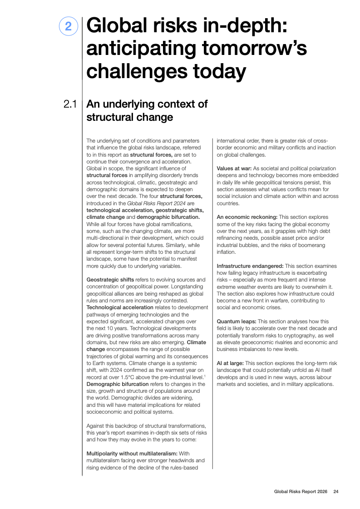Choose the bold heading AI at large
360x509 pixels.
pos(230,363)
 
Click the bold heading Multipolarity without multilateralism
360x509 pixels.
pos(132,453)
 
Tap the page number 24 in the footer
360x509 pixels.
pos(336,492)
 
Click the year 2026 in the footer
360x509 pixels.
pos(321,492)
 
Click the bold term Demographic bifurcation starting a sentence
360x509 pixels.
pos(115,384)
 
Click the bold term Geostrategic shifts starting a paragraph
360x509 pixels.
pos(110,279)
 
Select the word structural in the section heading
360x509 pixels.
pos(109,117)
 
